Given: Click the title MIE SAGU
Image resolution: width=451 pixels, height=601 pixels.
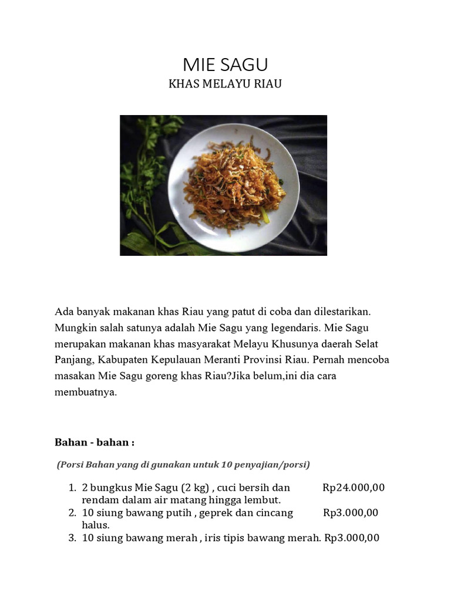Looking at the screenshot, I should tap(225, 65).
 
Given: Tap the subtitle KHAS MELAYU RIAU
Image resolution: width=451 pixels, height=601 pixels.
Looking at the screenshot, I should tap(225, 84).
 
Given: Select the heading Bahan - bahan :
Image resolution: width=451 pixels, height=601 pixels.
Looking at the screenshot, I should tap(95, 442).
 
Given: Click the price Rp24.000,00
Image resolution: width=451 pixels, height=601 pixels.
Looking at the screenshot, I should tap(354, 488).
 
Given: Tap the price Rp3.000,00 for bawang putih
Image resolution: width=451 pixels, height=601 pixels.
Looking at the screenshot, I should tap(351, 512).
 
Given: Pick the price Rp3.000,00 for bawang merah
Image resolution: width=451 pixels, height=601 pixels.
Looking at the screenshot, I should tap(352, 537).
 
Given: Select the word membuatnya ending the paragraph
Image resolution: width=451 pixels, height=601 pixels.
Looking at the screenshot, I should tap(86, 392).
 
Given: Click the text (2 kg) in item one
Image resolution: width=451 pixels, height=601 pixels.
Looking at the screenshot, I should tap(195, 488).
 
